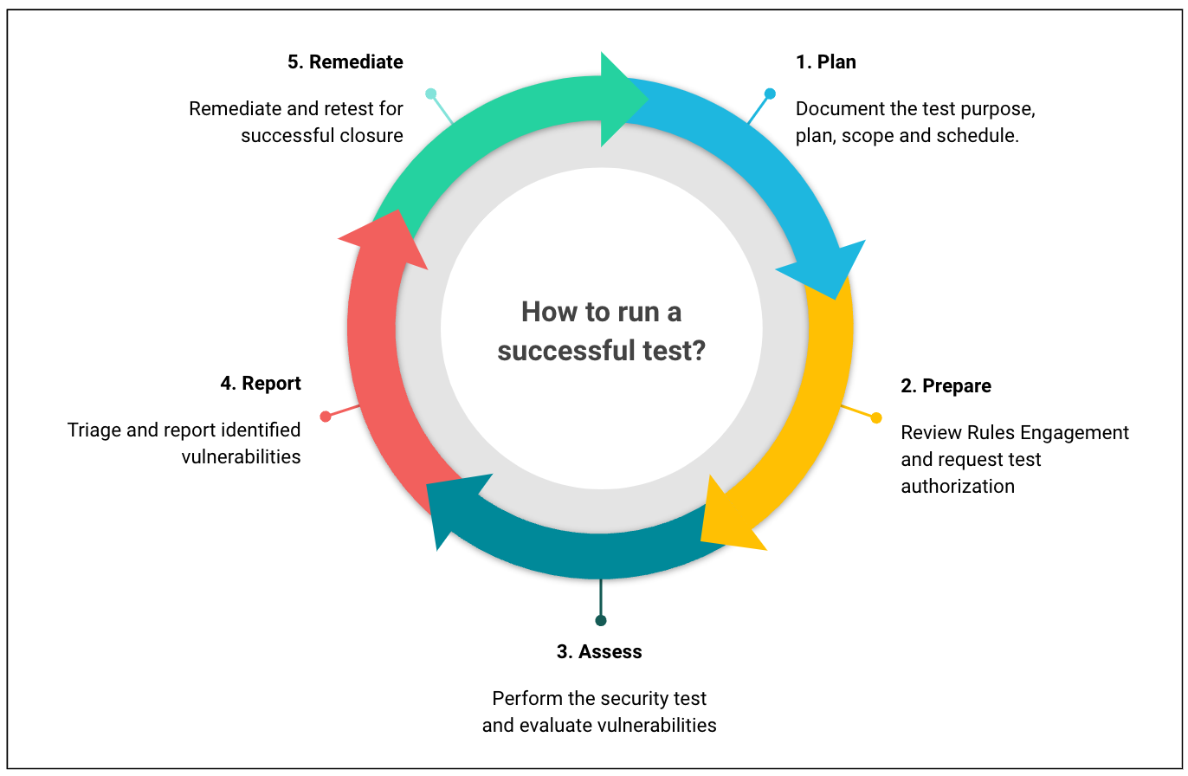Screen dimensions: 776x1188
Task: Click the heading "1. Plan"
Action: [826, 61]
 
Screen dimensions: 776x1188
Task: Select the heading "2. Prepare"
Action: [946, 385]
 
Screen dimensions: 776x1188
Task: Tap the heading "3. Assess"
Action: [599, 651]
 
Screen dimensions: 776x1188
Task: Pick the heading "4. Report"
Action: [261, 383]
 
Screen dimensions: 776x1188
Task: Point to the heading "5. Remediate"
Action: [345, 61]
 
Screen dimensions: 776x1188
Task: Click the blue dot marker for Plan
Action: [770, 94]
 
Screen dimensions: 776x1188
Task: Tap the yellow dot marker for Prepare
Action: [876, 417]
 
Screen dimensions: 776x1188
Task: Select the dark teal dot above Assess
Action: [601, 620]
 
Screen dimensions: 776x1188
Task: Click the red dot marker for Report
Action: [326, 417]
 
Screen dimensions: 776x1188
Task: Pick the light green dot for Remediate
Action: [430, 94]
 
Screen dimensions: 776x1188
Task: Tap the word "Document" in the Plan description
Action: [835, 109]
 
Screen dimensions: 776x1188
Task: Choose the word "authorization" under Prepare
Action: [957, 486]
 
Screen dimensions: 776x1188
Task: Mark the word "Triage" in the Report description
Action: [94, 430]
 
